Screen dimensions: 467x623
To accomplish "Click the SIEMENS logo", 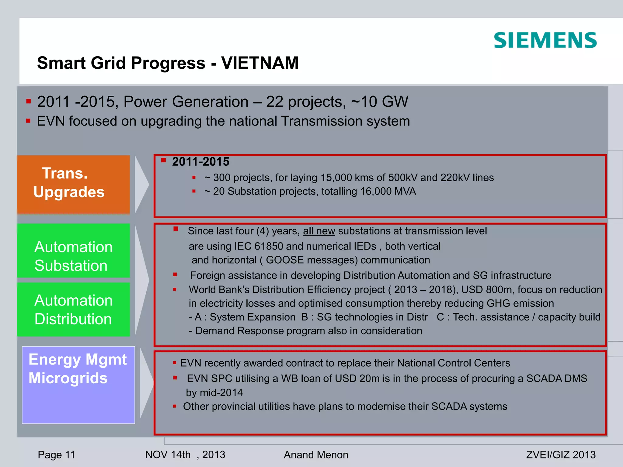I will (x=545, y=40).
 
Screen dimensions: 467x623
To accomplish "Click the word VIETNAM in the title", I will (x=260, y=63).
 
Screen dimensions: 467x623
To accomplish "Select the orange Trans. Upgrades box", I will (x=73, y=184).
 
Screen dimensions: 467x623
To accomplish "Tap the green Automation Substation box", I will (x=73, y=251).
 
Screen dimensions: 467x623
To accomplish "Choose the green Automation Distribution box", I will (x=73, y=309).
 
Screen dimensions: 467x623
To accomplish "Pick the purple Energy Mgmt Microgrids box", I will (x=78, y=385).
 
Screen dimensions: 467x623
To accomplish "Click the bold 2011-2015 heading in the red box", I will (x=200, y=162).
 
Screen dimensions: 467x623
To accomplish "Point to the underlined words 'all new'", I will (x=319, y=231).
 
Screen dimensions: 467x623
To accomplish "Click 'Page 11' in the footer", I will (x=56, y=455).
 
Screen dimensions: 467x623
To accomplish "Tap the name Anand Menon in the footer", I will (x=316, y=455).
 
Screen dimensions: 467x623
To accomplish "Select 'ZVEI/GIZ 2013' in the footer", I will (x=561, y=455).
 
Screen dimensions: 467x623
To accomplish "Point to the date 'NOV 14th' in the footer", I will (x=168, y=455).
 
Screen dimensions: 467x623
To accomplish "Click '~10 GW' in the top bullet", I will (x=379, y=102).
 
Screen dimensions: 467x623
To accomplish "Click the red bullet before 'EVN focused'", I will (x=28, y=121).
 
